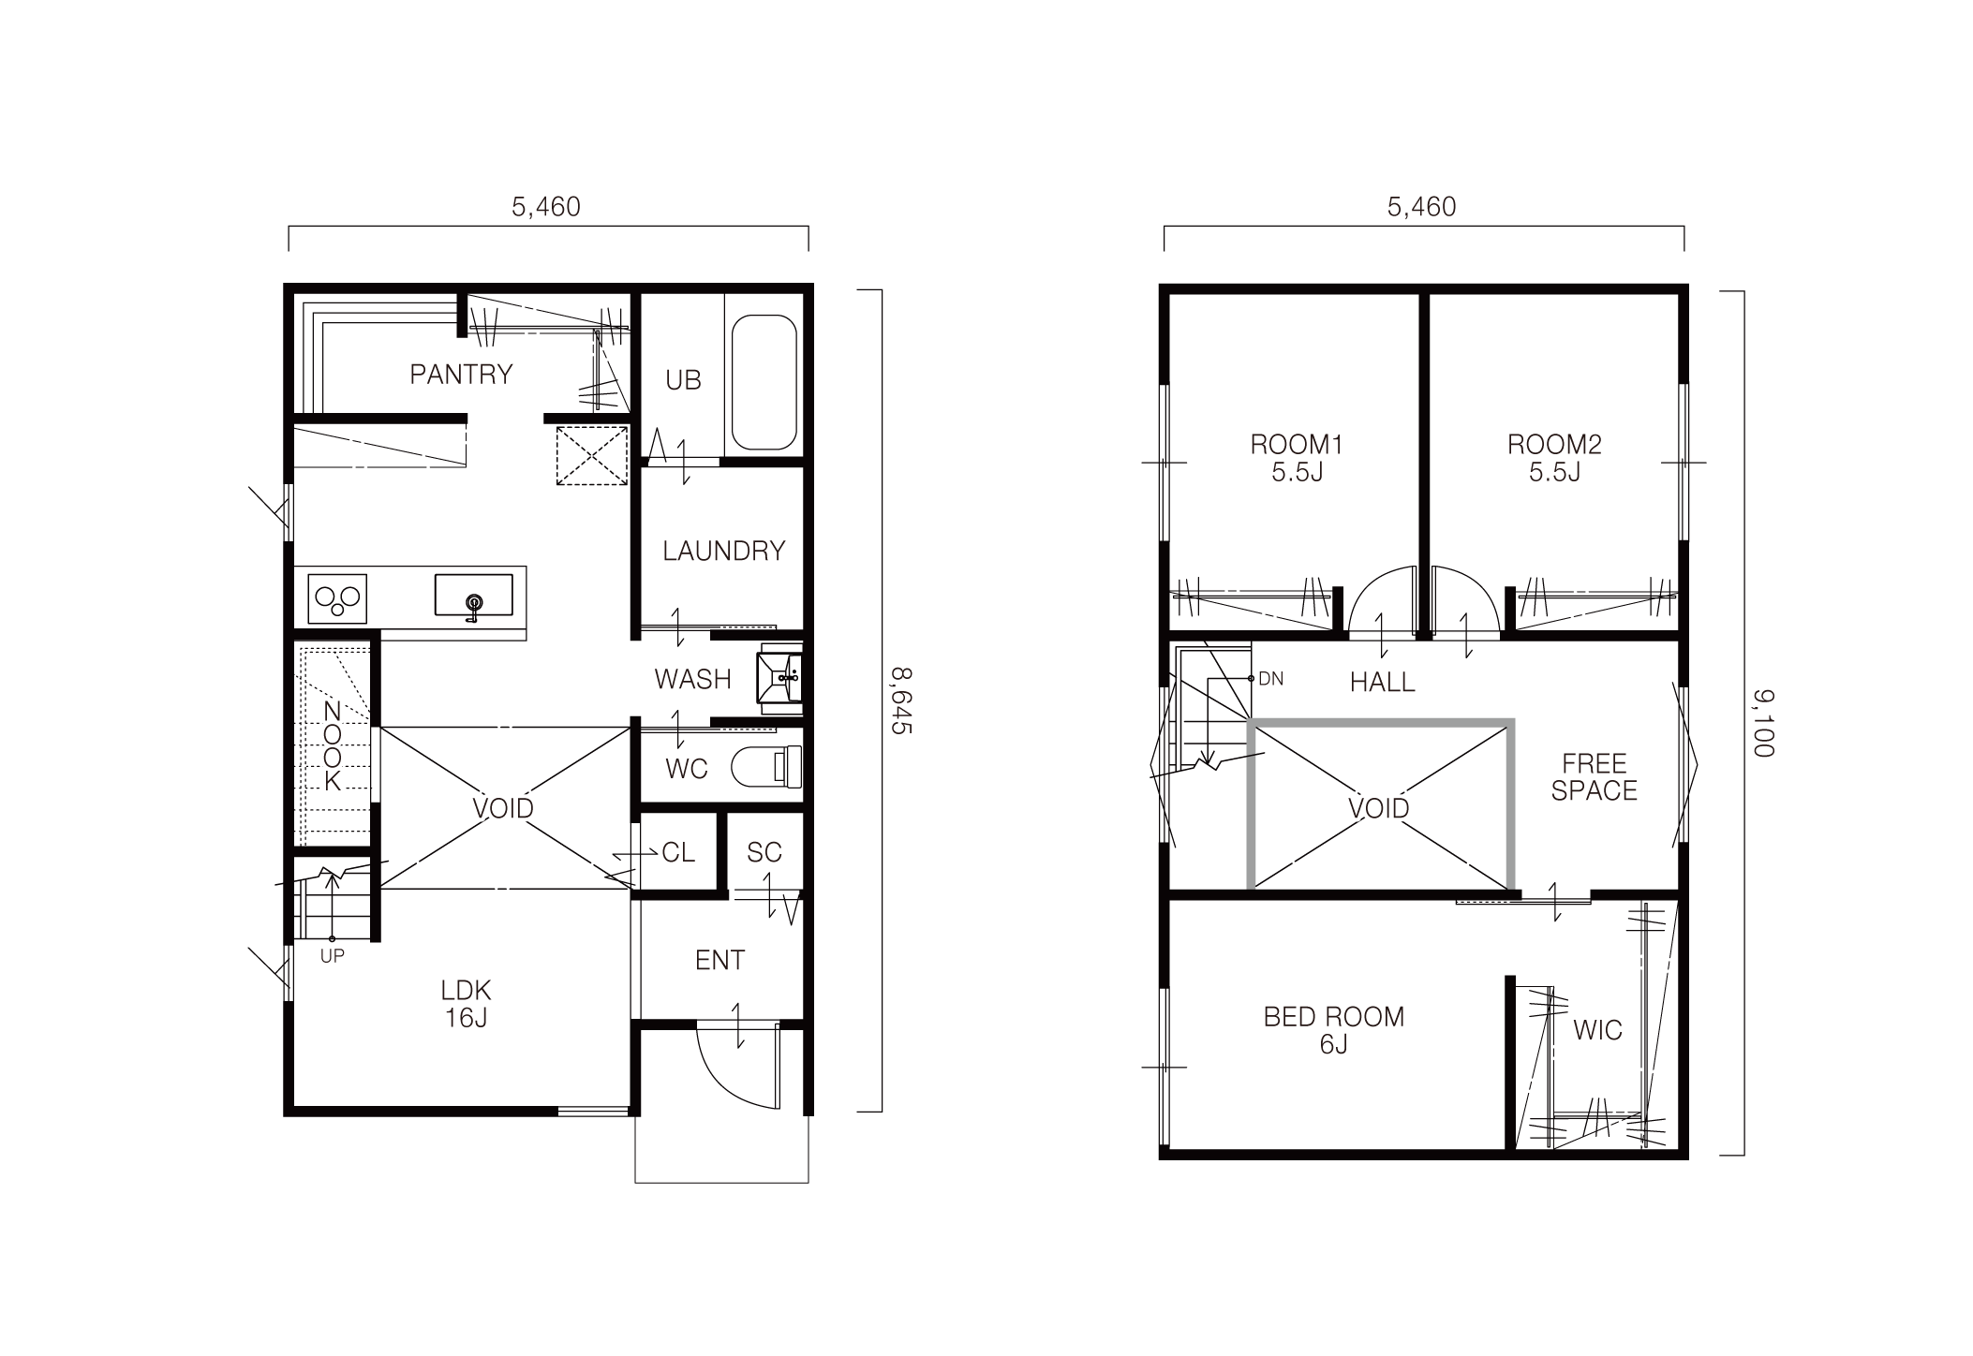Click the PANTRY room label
[461, 375]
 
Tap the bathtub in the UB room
[764, 382]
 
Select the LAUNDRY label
[723, 551]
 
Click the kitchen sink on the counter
[473, 596]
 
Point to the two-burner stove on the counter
[337, 597]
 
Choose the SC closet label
[764, 852]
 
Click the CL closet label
[678, 852]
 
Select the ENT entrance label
[719, 960]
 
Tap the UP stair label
[332, 956]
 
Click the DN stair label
[1270, 678]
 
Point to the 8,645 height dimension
[900, 700]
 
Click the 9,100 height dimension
[1763, 722]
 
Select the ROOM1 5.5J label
[1297, 457]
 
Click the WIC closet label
[1597, 1030]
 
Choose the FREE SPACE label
[1594, 776]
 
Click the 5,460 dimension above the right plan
[1421, 207]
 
